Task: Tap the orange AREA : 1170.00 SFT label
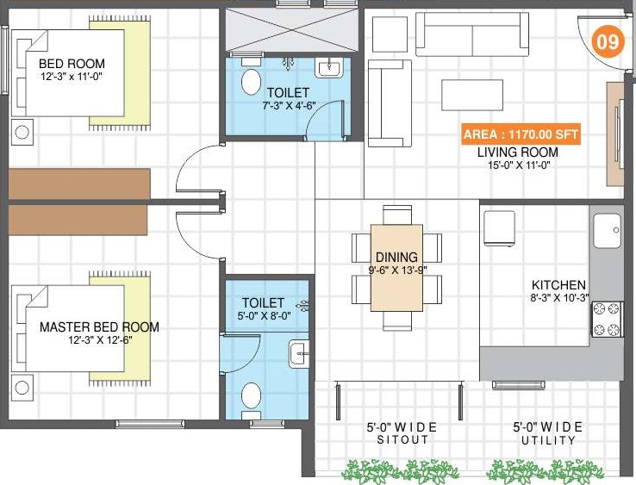point(521,135)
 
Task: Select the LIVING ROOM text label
point(519,152)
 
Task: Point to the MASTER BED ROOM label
point(99,327)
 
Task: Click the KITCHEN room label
point(558,285)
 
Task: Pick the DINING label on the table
point(396,257)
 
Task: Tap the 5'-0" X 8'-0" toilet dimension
point(264,316)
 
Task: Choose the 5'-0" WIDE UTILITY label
point(547,433)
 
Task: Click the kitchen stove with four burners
point(606,318)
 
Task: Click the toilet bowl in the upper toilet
point(251,81)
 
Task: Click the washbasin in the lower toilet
point(297,352)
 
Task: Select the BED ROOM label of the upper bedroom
point(72,64)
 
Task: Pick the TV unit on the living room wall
point(615,134)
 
